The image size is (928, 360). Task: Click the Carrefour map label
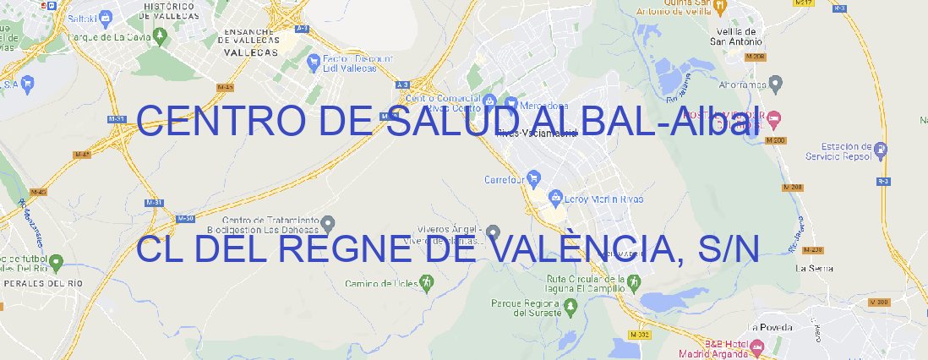(505, 179)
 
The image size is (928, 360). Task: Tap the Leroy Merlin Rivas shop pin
(555, 199)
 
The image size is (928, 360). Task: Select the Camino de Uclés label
(382, 283)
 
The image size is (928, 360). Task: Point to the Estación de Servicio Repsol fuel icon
(882, 150)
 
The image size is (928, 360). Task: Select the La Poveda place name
(770, 327)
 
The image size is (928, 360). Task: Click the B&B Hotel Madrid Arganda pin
(757, 346)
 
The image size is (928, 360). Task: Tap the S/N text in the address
(729, 248)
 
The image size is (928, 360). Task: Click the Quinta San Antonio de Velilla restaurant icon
(720, 6)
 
